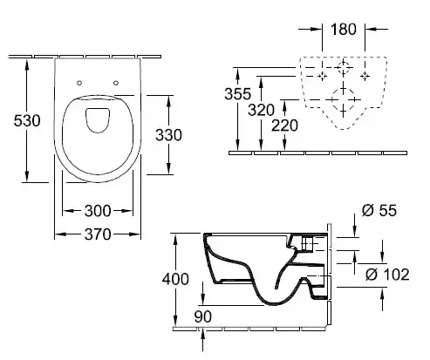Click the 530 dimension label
27,120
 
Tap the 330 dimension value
168,135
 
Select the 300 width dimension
98,211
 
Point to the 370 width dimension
98,234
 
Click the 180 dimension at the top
344,30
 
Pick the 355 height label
237,94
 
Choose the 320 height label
261,110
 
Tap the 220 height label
284,126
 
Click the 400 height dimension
175,279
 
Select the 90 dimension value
203,316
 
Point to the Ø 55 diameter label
379,210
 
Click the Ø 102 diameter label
387,275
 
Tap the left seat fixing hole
79,83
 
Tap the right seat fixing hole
116,83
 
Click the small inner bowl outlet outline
98,120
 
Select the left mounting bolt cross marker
322,77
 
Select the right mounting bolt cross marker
365,77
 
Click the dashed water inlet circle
344,67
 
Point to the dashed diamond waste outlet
344,99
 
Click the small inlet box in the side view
307,243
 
